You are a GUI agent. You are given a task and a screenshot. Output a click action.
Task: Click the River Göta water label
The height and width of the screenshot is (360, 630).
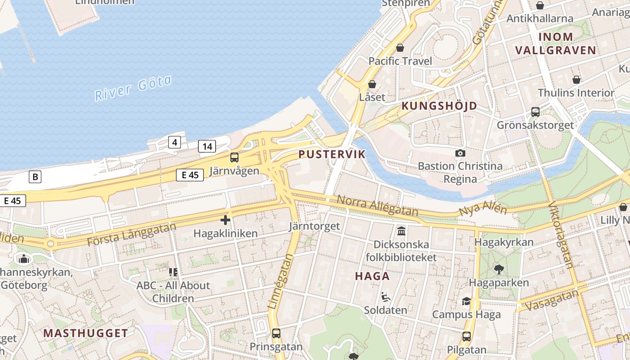[x=133, y=88]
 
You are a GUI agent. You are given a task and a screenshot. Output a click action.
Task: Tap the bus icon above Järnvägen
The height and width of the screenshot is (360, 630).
[x=234, y=157]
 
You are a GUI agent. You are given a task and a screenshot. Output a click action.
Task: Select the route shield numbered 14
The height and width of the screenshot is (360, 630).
[x=207, y=146]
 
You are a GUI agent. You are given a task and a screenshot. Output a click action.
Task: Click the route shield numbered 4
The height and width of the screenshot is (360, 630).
[x=175, y=143]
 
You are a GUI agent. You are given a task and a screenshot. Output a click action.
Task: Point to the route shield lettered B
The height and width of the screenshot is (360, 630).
[x=35, y=177]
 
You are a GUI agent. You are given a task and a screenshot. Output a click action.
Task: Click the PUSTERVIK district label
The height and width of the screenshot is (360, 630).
[x=332, y=154]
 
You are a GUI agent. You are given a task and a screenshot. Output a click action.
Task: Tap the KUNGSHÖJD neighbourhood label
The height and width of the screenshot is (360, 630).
[x=439, y=106]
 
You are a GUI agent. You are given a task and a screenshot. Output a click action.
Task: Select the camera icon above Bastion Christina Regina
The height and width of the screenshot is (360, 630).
[x=460, y=153]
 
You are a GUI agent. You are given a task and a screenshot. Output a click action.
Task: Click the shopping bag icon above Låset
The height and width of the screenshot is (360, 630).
[x=372, y=84]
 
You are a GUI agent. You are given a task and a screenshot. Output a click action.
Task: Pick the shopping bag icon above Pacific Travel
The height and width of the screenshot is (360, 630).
[x=400, y=48]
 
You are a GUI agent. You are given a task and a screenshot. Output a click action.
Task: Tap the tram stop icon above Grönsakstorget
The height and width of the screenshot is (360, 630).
[x=535, y=112]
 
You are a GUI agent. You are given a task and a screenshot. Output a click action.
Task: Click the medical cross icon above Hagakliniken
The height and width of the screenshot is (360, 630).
[x=225, y=220]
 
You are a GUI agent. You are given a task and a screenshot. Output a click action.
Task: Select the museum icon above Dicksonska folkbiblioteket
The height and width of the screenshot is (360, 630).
[x=401, y=231]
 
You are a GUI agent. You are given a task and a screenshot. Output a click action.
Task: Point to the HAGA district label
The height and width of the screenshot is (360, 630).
[x=372, y=276]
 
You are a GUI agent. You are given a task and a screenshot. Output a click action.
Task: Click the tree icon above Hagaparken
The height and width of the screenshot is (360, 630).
[x=499, y=270]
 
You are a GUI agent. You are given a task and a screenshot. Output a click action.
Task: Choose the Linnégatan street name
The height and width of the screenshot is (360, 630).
[x=280, y=282]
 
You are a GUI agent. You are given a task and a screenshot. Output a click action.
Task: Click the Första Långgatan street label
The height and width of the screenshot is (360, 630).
[x=131, y=234]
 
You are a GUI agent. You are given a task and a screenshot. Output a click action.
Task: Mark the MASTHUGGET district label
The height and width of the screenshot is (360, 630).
[x=85, y=333]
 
